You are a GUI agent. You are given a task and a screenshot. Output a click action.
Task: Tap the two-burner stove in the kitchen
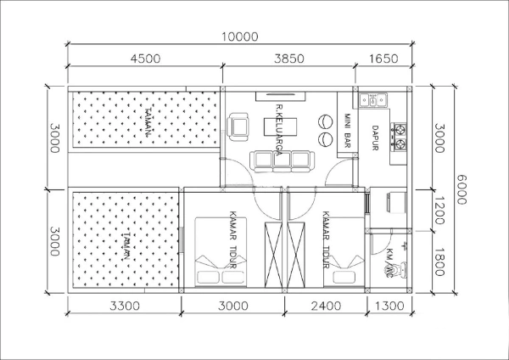[398, 132]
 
